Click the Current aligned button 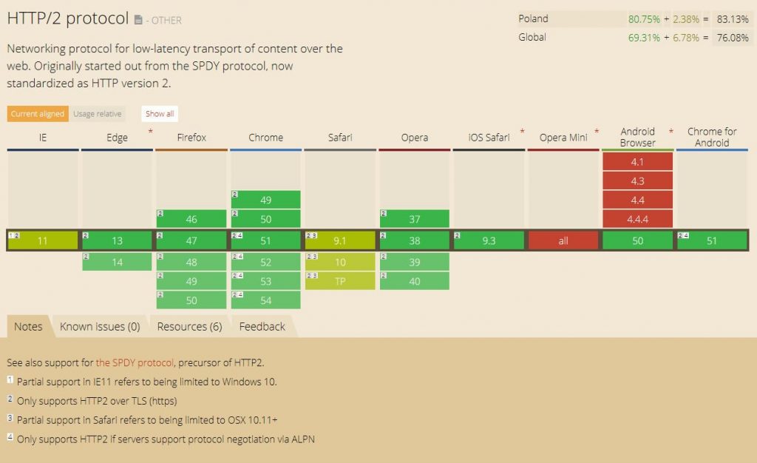click(x=37, y=114)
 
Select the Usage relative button click(x=98, y=114)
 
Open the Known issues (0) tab click(x=100, y=326)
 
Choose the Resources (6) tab click(x=189, y=326)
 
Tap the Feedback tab click(x=262, y=326)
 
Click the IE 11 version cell click(x=43, y=240)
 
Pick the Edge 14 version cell click(x=117, y=261)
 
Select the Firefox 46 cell click(x=191, y=219)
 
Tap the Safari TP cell click(x=340, y=281)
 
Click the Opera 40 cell click(x=414, y=281)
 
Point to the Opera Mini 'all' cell click(x=563, y=240)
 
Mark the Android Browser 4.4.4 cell click(x=637, y=219)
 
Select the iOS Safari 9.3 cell click(x=489, y=240)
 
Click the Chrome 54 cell click(x=265, y=300)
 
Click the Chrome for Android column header click(x=712, y=137)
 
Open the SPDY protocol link click(x=135, y=362)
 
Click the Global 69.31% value click(x=644, y=37)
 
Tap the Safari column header click(x=340, y=137)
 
